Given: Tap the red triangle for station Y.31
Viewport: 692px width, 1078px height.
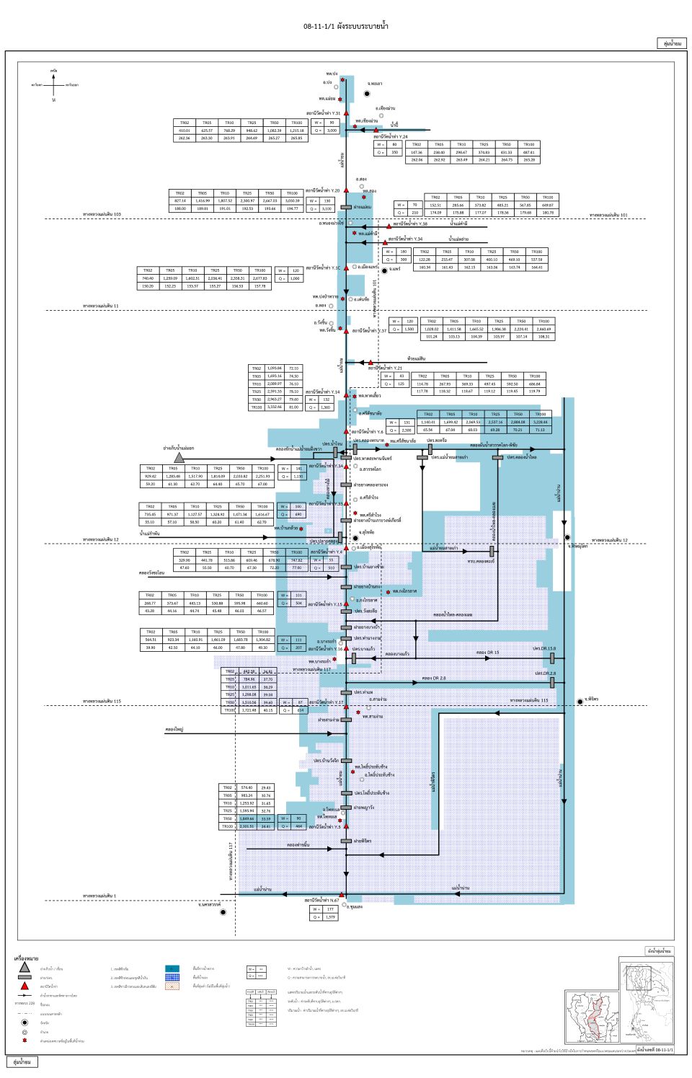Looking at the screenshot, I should point(346,113).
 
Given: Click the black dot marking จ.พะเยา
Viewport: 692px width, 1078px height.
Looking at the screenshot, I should point(367,94).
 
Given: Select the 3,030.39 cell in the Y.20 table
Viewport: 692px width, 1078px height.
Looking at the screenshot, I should point(292,200).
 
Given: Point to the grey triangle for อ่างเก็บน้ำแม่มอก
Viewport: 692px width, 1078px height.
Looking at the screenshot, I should point(179,458).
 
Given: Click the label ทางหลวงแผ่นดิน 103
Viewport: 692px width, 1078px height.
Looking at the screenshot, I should point(102,214).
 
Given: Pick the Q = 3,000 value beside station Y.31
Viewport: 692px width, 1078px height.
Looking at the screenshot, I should point(332,131).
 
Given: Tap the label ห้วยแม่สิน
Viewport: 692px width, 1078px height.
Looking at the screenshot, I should point(416,358).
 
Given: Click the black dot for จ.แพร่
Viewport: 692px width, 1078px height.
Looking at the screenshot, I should point(384,270).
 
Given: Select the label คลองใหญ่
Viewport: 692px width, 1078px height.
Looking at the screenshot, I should point(174,729).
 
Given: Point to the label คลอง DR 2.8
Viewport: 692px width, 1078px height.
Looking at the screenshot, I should point(434,678).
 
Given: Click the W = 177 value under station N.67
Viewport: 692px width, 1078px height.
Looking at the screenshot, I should point(330,909).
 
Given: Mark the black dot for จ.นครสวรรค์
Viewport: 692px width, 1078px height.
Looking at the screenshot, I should point(223,912).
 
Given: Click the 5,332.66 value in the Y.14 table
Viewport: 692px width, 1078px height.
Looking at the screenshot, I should point(274,407).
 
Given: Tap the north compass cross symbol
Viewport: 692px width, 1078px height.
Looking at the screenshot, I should point(54,85).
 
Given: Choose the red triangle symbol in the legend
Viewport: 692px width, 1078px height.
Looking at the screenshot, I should point(25,986).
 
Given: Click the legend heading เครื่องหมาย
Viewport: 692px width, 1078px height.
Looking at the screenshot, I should point(26,958).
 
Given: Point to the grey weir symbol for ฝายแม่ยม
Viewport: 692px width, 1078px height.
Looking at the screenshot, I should point(346,207).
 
